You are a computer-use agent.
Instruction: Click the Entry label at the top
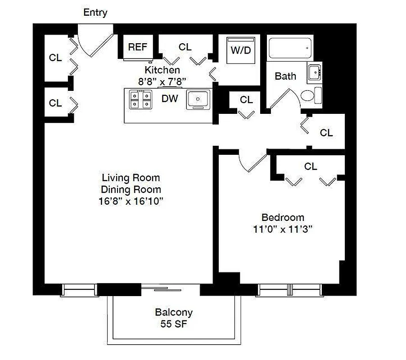[95, 13]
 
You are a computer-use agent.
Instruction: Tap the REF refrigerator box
[137, 47]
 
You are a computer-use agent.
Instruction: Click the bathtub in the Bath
[290, 48]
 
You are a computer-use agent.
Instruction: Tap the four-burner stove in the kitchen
[140, 99]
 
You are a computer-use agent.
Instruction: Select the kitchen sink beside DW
[198, 99]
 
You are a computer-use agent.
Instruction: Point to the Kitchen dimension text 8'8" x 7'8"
[162, 81]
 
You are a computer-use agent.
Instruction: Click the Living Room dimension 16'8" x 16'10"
[131, 201]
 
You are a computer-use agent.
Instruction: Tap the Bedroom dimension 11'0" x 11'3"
[283, 229]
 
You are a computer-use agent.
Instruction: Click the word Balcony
[174, 312]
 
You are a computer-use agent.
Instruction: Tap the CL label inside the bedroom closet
[311, 166]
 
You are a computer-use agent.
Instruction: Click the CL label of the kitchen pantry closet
[185, 47]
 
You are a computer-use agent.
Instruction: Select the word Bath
[285, 76]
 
